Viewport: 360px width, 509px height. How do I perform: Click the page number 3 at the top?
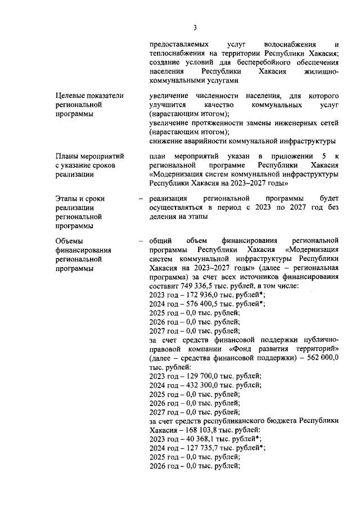(195, 28)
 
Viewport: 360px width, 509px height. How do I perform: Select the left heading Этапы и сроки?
(80, 199)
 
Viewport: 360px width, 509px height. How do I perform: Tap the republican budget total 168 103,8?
(201, 430)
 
